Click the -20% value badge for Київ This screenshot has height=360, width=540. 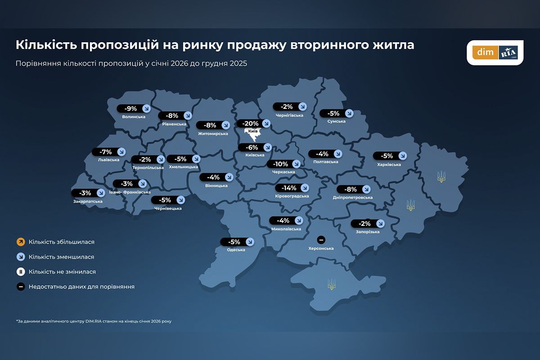(x=250, y=123)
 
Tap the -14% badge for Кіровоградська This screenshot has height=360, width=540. (x=288, y=188)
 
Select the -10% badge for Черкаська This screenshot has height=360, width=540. (x=279, y=164)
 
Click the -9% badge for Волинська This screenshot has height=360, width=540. (x=130, y=108)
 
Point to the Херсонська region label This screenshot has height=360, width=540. (x=321, y=248)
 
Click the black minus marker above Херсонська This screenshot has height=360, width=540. (x=321, y=239)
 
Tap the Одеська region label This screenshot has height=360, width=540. (x=236, y=250)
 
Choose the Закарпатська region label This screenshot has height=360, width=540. (x=87, y=201)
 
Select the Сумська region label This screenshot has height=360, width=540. (x=336, y=121)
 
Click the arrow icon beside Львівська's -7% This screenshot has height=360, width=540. (x=121, y=152)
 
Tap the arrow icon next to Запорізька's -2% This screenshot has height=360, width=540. (x=380, y=223)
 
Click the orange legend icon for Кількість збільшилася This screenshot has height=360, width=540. (x=21, y=242)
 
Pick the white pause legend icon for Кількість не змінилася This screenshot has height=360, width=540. (x=21, y=272)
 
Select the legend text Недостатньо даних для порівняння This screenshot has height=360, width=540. (x=81, y=287)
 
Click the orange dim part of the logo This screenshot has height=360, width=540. (x=486, y=53)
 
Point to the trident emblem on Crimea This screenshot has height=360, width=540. (x=332, y=284)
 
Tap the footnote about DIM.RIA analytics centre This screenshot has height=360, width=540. (x=94, y=321)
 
